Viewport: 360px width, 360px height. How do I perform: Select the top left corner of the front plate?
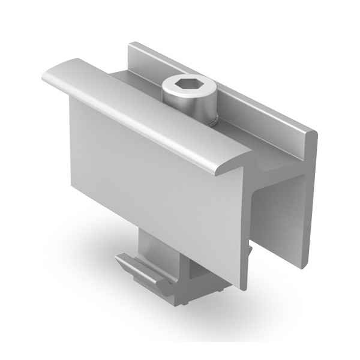(x=71, y=99)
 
